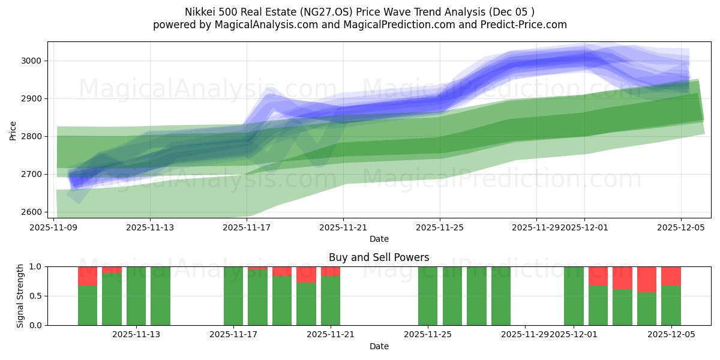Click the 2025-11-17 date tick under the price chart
coord(247,227)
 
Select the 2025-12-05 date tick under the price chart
coord(681,227)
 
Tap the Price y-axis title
coord(13,130)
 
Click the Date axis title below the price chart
coord(379,239)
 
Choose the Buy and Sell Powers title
coord(379,257)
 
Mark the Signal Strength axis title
coord(20,296)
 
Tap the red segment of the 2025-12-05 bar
coord(671,276)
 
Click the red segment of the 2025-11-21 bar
coord(331,271)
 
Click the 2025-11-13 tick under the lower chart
coord(137,334)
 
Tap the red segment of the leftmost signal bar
coord(88,276)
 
